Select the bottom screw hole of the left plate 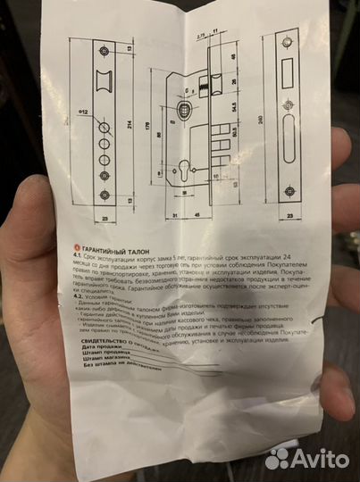click(105, 194)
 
